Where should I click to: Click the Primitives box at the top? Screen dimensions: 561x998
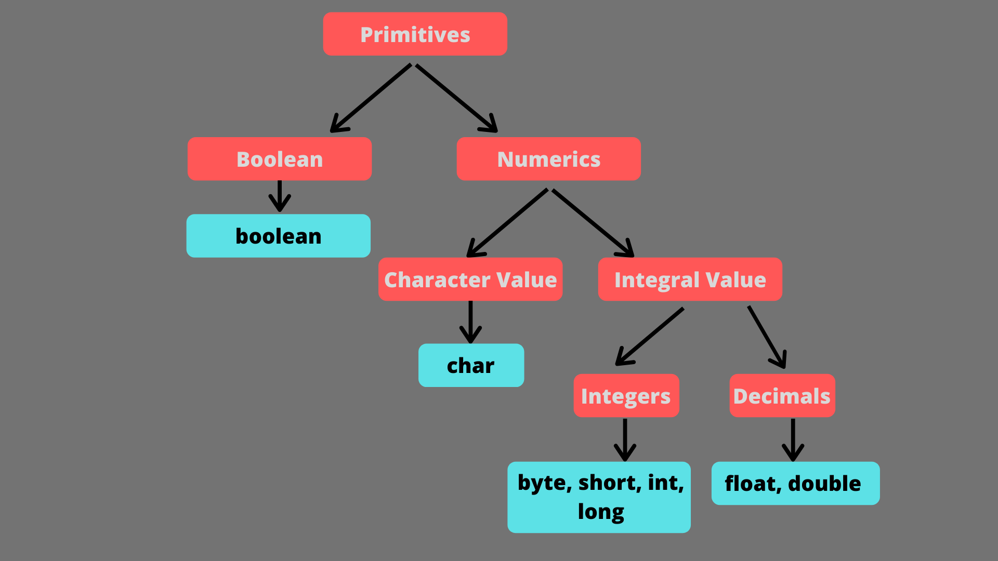pos(415,34)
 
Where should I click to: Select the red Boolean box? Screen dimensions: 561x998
pos(280,159)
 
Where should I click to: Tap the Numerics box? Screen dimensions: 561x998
pos(548,159)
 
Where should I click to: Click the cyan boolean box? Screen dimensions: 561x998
pos(279,236)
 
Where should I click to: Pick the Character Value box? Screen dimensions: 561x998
pos(470,279)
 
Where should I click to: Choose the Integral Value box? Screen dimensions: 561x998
pos(690,279)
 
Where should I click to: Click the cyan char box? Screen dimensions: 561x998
pos(471,365)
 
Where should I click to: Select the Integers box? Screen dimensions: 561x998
pos(626,396)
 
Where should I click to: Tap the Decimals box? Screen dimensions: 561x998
pos(782,396)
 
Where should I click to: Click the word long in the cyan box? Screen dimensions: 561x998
pos(600,512)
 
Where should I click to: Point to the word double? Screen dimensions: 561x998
pos(824,484)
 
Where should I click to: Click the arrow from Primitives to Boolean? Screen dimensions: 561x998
pos(371,98)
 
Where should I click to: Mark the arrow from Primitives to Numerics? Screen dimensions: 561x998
pos(456,98)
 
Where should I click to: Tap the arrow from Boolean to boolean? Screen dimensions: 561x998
pos(280,196)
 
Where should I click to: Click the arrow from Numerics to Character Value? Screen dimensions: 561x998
pos(507,223)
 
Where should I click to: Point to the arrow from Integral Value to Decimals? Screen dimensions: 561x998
pos(767,337)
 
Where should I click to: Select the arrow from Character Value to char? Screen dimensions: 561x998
pos(470,322)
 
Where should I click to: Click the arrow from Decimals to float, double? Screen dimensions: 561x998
pos(793,439)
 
